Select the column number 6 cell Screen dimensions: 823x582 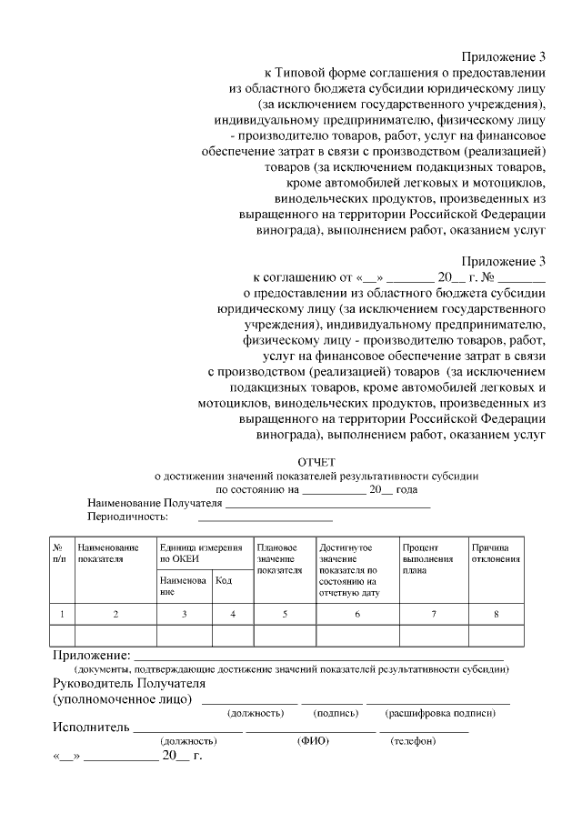point(356,614)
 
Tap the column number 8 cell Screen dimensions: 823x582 point(496,614)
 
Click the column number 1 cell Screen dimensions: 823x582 point(60,614)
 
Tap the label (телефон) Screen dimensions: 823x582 point(414,741)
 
